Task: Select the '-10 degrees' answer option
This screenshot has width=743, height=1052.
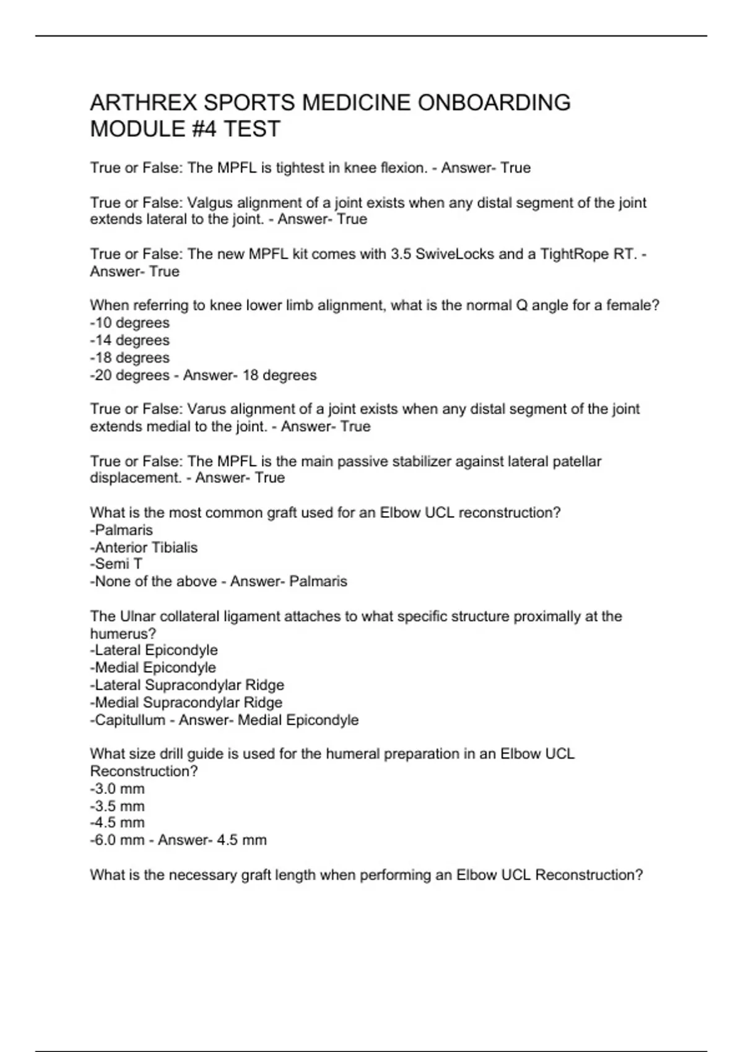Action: click(x=129, y=323)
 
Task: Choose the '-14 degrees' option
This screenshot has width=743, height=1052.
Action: click(x=129, y=340)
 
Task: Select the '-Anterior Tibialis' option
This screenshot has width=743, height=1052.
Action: click(x=144, y=548)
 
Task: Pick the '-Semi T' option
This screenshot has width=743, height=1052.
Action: click(x=116, y=564)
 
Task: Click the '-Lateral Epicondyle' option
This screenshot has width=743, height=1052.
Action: click(x=154, y=650)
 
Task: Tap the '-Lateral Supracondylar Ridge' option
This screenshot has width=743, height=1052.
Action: click(x=187, y=685)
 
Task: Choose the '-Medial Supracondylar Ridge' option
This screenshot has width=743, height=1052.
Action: click(x=186, y=702)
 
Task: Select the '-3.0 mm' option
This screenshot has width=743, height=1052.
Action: click(x=117, y=789)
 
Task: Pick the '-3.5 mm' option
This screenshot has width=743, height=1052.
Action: click(x=117, y=806)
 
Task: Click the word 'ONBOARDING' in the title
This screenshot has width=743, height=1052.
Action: click(x=494, y=103)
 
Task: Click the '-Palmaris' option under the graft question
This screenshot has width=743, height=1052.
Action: click(x=121, y=530)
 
